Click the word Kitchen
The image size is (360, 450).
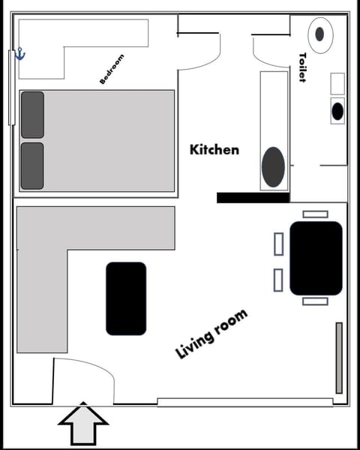point(214,150)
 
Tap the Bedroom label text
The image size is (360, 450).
point(112,68)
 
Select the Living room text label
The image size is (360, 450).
point(211,334)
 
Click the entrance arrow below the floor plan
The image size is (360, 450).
point(83,424)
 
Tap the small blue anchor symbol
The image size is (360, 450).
point(21,55)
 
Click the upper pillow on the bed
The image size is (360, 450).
point(32,115)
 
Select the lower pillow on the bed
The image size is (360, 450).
point(32,166)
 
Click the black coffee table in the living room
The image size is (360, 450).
point(126,298)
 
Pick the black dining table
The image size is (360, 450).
point(316,257)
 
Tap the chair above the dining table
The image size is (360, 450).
point(315,214)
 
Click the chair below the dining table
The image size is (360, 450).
point(315,301)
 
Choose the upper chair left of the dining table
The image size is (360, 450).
point(278,244)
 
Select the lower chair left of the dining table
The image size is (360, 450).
point(278,280)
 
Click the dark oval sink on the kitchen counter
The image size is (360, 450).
point(273,167)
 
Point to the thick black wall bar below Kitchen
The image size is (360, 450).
point(253,197)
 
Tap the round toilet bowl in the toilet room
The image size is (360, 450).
point(320,34)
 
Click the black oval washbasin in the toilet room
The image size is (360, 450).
point(337,111)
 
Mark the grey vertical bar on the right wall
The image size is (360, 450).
point(339,358)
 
